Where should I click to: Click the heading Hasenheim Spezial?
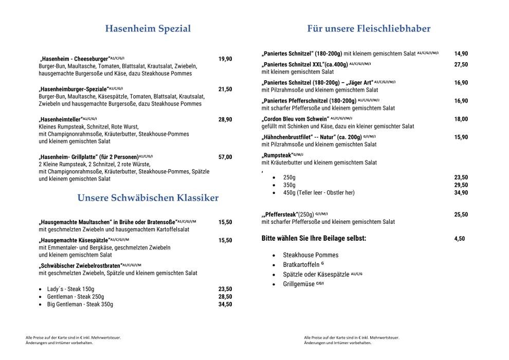tap(148, 29)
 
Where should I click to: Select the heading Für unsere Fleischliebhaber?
tap(369, 29)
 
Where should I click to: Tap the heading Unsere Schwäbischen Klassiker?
tap(148, 198)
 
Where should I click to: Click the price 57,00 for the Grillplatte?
tap(225, 157)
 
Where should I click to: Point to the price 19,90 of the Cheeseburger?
tap(225, 59)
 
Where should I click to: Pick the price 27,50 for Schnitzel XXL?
tap(461, 64)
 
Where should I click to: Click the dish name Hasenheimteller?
tap(61, 119)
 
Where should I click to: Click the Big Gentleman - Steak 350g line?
tap(80, 304)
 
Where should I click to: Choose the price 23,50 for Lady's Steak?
tap(225, 289)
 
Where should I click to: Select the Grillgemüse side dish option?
tap(300, 284)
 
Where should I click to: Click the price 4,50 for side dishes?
tap(459, 239)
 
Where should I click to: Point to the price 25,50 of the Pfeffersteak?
tap(461, 214)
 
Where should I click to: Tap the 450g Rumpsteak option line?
tap(319, 193)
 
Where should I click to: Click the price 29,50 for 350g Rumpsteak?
tap(461, 185)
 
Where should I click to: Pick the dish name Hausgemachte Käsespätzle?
tap(74, 240)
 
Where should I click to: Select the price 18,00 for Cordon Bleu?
tap(461, 119)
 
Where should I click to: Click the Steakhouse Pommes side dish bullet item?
tap(311, 255)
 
